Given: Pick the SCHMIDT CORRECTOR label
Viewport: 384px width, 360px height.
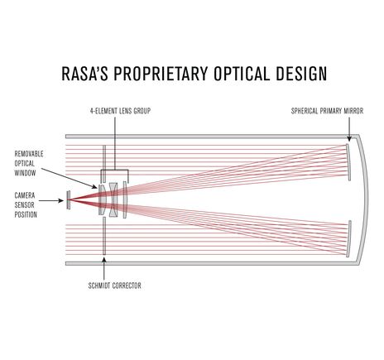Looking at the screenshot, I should tap(114, 285).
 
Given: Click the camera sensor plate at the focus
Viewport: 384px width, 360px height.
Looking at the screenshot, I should tap(67, 199).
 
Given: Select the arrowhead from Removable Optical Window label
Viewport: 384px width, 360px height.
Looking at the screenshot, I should tap(94, 185).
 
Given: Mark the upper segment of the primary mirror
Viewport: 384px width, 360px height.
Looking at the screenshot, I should tap(351, 161).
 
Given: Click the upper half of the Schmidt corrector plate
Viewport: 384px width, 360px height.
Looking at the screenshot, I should tap(103, 161).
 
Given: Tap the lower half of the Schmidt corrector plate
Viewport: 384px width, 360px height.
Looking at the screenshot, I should tap(103, 236).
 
